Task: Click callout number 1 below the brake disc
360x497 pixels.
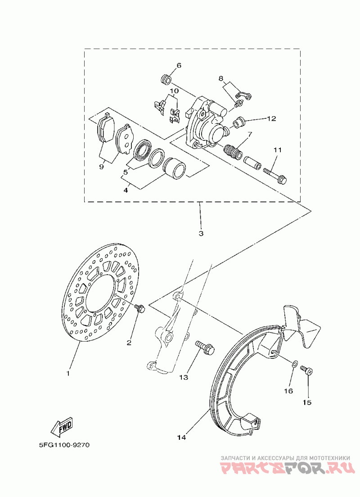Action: tap(68, 373)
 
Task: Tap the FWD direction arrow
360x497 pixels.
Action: tap(62, 426)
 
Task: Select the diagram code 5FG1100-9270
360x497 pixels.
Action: tap(65, 445)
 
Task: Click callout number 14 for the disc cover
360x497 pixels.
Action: tap(181, 438)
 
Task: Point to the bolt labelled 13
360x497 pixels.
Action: tap(205, 347)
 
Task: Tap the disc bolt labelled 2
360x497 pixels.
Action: tap(139, 307)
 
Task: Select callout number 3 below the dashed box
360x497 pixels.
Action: tap(201, 234)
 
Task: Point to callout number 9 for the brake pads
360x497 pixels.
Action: tap(101, 167)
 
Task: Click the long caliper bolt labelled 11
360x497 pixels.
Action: tap(275, 175)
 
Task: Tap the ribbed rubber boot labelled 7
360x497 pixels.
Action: tap(233, 152)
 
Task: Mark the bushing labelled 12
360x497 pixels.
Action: tap(240, 122)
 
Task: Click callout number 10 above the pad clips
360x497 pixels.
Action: tap(174, 91)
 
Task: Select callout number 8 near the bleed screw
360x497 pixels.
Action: tap(221, 78)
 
